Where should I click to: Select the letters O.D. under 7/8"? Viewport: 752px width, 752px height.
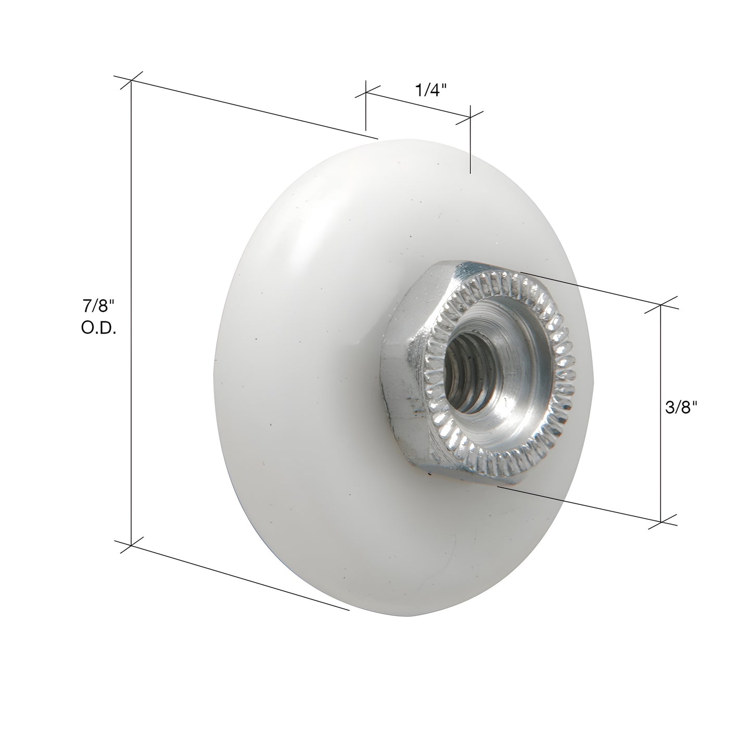pyautogui.click(x=98, y=328)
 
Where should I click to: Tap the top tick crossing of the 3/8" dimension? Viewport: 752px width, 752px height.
pyautogui.click(x=661, y=306)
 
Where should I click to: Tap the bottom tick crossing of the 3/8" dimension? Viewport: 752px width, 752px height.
pyautogui.click(x=661, y=521)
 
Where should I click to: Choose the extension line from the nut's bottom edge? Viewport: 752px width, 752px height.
pyautogui.click(x=578, y=502)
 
